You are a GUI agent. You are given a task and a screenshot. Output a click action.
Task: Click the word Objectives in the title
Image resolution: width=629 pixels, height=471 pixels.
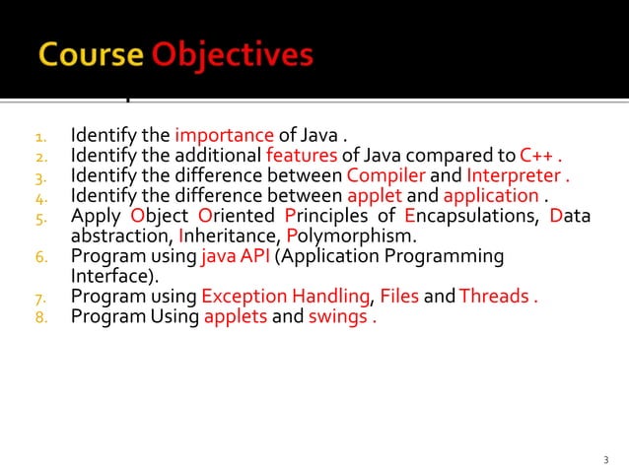pyautogui.click(x=233, y=56)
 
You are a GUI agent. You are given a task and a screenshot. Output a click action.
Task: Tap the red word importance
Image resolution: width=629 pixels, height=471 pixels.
pyautogui.click(x=224, y=135)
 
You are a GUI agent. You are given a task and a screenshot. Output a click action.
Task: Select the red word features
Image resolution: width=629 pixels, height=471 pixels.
pyautogui.click(x=299, y=156)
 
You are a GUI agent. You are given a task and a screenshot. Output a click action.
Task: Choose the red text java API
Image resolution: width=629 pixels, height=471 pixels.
pyautogui.click(x=236, y=257)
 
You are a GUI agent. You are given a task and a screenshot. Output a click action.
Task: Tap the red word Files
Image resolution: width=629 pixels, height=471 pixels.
pyautogui.click(x=399, y=298)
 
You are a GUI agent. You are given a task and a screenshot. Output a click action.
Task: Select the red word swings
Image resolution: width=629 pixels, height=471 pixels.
pyautogui.click(x=337, y=317)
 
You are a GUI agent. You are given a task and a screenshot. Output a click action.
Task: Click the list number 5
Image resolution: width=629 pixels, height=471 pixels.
pyautogui.click(x=41, y=217)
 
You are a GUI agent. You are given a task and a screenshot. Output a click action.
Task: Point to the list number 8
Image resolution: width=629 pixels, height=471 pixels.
pyautogui.click(x=41, y=318)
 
